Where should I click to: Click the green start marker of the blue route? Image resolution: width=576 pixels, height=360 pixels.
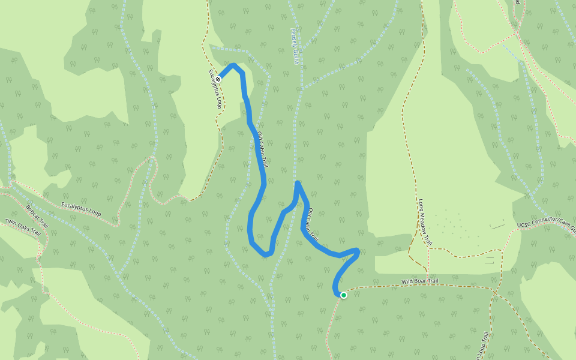pos(343,295)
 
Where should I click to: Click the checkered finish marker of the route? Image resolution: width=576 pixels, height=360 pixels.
pos(219,79)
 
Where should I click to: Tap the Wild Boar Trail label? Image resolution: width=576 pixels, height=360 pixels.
pos(425,281)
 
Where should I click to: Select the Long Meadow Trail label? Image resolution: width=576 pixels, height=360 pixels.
pos(425,221)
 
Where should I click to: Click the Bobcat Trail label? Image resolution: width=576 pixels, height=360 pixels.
pos(37,217)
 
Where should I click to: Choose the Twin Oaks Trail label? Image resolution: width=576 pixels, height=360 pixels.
pos(26,226)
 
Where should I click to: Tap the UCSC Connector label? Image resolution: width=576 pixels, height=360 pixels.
pos(546,223)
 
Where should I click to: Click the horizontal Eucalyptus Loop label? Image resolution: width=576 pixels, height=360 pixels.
pos(81,209)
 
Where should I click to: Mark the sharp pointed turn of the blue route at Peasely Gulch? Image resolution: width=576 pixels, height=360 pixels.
pos(298,182)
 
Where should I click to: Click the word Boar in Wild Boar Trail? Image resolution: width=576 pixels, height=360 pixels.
pos(425,281)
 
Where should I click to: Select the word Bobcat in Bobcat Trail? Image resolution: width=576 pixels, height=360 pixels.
pos(34,212)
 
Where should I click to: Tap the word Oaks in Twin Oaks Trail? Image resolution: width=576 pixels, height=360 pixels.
pos(27,227)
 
